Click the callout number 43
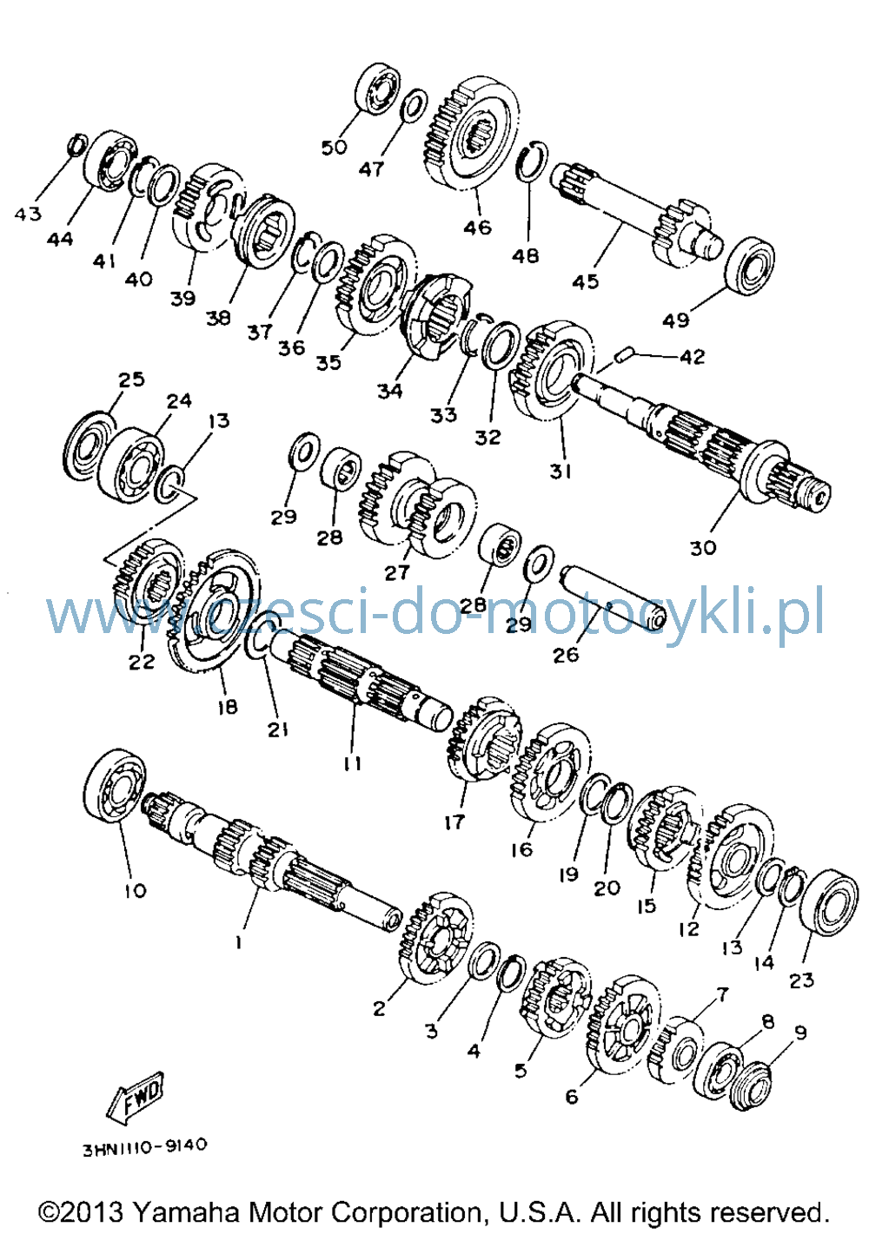click(x=28, y=214)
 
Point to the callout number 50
click(x=335, y=148)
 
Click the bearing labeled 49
click(x=749, y=266)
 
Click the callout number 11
click(x=352, y=763)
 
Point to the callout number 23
click(x=801, y=980)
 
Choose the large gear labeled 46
click(x=472, y=133)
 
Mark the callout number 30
click(x=702, y=548)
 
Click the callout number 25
click(x=131, y=379)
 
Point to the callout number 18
click(x=227, y=706)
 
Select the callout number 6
click(x=571, y=1096)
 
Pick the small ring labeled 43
click(x=77, y=144)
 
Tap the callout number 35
click(x=328, y=363)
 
